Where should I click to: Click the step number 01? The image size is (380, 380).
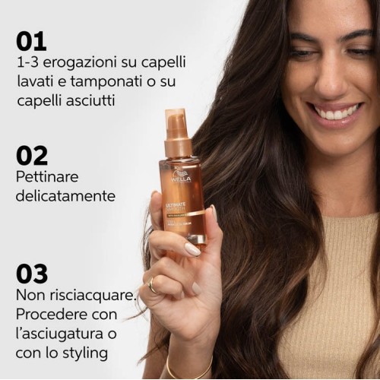[x=31, y=41]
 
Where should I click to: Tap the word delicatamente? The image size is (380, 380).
[x=65, y=196]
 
